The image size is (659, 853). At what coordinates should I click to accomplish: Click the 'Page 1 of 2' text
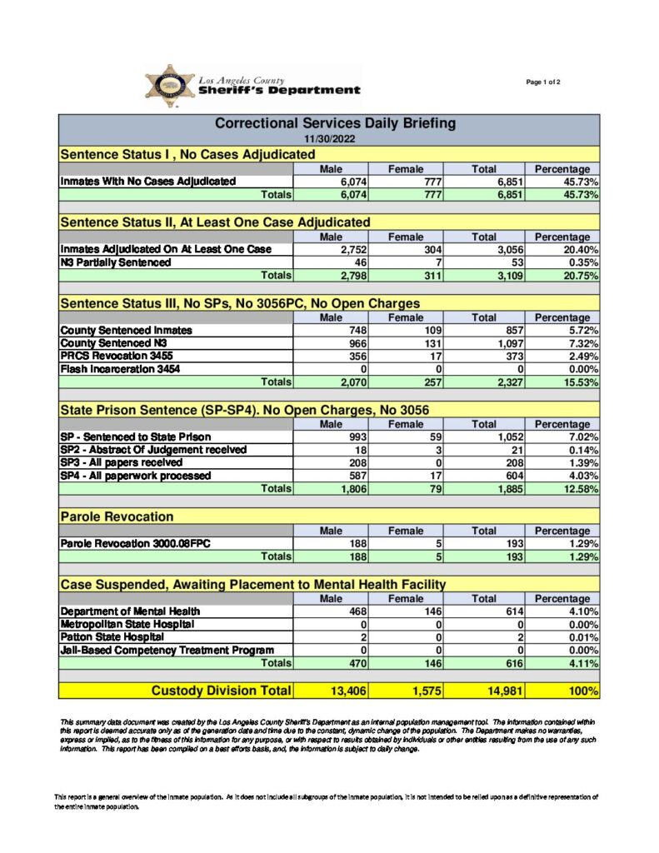point(543,82)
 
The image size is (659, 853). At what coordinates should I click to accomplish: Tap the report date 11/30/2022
point(328,138)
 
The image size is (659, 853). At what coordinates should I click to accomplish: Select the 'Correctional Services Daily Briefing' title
point(335,123)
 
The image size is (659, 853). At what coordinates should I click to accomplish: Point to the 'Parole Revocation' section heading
point(117,517)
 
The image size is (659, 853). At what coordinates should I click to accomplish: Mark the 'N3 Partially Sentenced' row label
point(116,262)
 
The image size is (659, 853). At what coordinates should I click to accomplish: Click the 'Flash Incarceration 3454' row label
point(120,369)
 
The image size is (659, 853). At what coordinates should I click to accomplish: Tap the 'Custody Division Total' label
point(221,691)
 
